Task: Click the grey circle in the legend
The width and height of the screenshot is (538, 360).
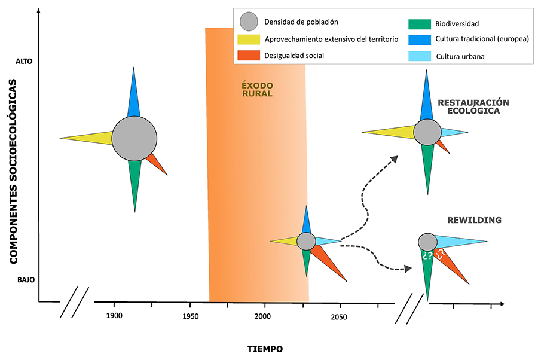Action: pyautogui.click(x=249, y=22)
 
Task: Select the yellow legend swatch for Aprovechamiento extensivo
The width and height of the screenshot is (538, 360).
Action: pyautogui.click(x=249, y=39)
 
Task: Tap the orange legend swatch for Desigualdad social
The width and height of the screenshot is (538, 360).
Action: pyautogui.click(x=249, y=56)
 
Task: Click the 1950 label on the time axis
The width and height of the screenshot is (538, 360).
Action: pyautogui.click(x=191, y=316)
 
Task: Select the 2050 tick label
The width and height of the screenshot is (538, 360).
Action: pyautogui.click(x=339, y=316)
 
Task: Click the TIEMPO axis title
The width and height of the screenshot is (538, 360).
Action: pyautogui.click(x=265, y=349)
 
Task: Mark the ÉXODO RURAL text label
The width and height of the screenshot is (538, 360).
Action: pyautogui.click(x=258, y=89)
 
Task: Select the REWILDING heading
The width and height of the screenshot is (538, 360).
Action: pyautogui.click(x=474, y=221)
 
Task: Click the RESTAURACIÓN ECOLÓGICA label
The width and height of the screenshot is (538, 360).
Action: pyautogui.click(x=473, y=107)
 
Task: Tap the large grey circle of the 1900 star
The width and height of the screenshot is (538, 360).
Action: pyautogui.click(x=134, y=138)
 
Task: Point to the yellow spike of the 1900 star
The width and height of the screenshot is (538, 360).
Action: pyautogui.click(x=87, y=138)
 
